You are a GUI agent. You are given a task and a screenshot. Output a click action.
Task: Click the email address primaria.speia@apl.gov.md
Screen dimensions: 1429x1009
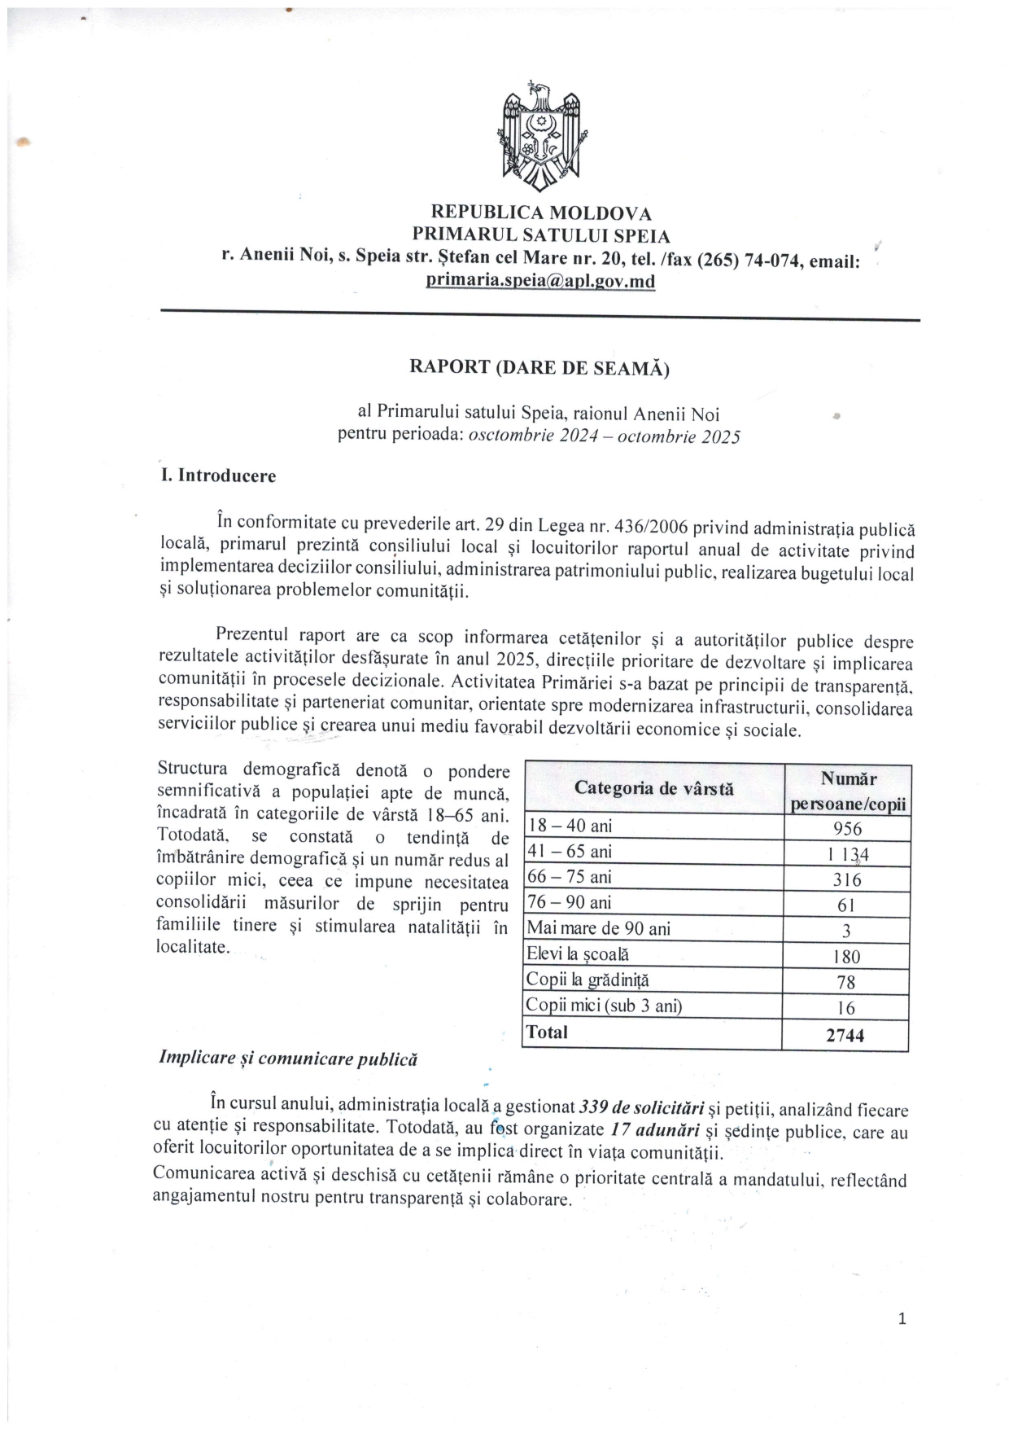(x=540, y=281)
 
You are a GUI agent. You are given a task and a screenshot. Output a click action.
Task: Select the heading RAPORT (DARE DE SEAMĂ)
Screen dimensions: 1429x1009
(x=539, y=367)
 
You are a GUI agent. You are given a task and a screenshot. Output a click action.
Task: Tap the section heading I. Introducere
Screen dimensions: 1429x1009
(x=218, y=476)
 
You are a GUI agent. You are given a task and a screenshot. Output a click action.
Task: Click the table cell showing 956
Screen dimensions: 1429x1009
(x=846, y=828)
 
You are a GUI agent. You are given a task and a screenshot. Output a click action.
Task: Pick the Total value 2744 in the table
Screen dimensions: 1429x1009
(x=845, y=1036)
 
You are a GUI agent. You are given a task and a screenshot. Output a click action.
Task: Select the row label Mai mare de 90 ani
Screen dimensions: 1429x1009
(x=599, y=928)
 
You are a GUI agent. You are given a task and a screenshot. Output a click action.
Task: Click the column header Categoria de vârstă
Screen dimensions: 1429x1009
(x=653, y=788)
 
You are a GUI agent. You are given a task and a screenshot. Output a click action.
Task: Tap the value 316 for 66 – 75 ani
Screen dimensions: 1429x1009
(x=846, y=879)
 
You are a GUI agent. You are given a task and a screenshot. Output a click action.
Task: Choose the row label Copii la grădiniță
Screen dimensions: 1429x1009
(x=587, y=980)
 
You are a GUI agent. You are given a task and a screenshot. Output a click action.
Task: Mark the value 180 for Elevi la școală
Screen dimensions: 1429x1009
(x=846, y=957)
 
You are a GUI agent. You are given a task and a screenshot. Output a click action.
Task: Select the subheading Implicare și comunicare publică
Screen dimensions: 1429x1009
(x=288, y=1059)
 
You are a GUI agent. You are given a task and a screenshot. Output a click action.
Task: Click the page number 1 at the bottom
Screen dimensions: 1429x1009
(x=902, y=1319)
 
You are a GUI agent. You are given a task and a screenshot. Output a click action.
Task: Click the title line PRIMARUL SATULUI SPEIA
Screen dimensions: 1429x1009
(x=540, y=236)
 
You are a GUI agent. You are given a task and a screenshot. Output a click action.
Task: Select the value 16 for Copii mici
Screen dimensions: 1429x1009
(x=846, y=1008)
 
